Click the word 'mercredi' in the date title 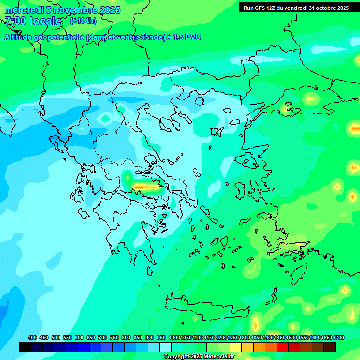(x=22, y=10)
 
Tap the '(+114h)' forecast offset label (x=83, y=21)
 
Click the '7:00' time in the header (x=15, y=21)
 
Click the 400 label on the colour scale (x=32, y=337)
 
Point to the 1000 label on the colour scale (x=174, y=337)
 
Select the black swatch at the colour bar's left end (x=25, y=347)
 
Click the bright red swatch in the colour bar (x=283, y=347)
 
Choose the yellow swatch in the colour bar (x=236, y=347)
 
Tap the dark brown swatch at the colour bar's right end (x=330, y=347)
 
